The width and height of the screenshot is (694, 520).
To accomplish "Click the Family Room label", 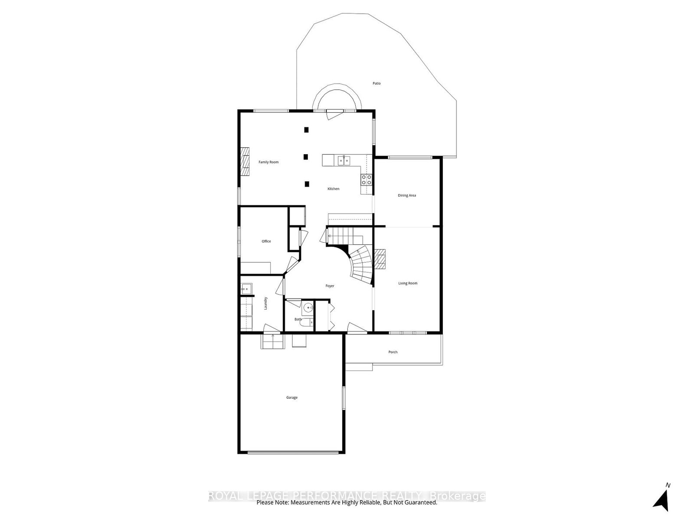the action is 268,162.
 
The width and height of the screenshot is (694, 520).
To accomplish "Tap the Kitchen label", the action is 333,188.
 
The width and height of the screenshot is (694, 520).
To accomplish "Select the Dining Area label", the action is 406,195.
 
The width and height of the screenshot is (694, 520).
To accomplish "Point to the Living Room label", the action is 408,283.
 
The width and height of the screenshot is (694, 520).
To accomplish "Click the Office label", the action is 266,241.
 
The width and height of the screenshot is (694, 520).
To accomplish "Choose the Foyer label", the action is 330,286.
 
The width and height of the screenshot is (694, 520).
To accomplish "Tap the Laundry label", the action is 265,303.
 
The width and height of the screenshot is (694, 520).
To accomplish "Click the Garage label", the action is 292,397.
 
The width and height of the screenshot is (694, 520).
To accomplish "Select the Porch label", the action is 393,352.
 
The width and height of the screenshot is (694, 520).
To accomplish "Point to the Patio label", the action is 376,83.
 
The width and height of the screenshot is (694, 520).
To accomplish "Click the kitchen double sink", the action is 344,160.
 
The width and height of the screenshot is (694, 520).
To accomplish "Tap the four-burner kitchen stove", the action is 366,180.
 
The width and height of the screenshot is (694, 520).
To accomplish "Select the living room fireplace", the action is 380,259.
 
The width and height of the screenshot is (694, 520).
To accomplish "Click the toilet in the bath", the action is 307,322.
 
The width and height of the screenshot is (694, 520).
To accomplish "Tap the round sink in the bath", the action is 308,307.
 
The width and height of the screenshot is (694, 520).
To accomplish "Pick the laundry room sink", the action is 246,289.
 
